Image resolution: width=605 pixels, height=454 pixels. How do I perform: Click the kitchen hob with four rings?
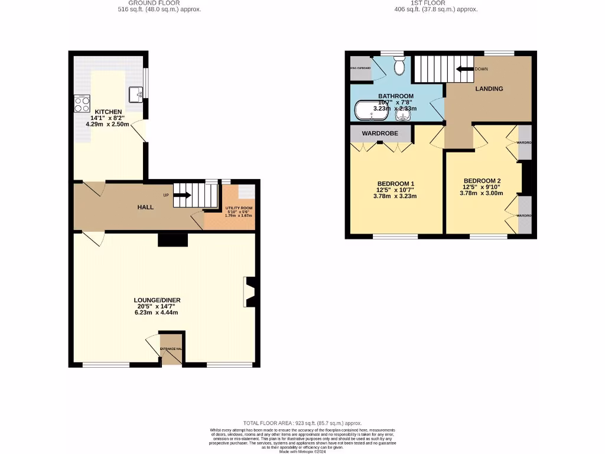81,104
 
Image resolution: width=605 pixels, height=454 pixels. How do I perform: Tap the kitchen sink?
135,93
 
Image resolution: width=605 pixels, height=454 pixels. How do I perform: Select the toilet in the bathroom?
399,66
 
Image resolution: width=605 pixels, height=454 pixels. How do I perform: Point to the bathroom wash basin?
403,113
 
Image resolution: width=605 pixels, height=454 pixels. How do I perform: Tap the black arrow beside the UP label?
183,195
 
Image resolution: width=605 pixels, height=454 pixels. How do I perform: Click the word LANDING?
489,89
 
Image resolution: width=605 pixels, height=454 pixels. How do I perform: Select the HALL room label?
145,207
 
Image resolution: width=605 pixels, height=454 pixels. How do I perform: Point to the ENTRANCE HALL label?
172,349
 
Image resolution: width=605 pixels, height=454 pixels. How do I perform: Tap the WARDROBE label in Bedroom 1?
380,134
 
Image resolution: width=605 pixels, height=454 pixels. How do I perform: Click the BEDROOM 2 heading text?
482,181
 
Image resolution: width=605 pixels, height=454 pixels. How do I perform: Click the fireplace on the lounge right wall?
249,292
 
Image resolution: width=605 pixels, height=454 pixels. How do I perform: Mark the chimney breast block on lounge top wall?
173,239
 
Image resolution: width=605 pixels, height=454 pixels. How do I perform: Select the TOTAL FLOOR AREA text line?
302,424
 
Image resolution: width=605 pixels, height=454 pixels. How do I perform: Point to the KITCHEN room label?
108,112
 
